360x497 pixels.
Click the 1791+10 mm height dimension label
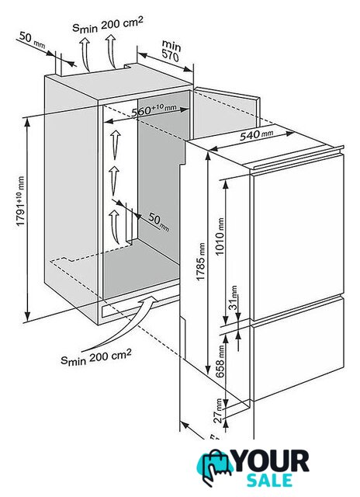[21, 201]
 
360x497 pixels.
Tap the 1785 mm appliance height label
[201, 262]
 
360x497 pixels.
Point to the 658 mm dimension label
[220, 361]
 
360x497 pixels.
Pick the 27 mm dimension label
[218, 411]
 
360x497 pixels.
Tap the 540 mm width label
[256, 134]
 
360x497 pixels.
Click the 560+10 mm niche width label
[154, 109]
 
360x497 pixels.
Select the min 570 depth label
[171, 50]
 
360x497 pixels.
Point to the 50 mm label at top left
[32, 40]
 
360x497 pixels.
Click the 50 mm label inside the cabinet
[159, 221]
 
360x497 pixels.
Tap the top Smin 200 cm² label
[108, 24]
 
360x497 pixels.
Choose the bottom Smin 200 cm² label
[96, 357]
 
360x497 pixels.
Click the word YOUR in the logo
[272, 461]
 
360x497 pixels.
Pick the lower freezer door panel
[297, 349]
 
